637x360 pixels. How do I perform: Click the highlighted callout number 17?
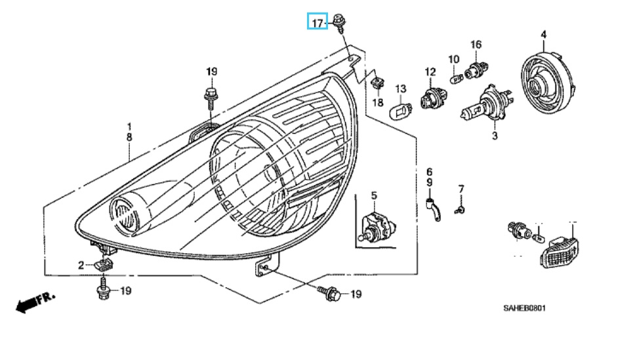(x=318, y=23)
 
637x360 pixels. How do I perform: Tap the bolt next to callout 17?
(x=339, y=24)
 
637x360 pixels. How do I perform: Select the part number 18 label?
(x=378, y=102)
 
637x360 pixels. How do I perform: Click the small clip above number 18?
(x=378, y=84)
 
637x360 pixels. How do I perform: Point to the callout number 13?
(x=401, y=89)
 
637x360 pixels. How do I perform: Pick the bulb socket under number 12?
(x=433, y=98)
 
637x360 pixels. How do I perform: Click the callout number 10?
(x=453, y=59)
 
